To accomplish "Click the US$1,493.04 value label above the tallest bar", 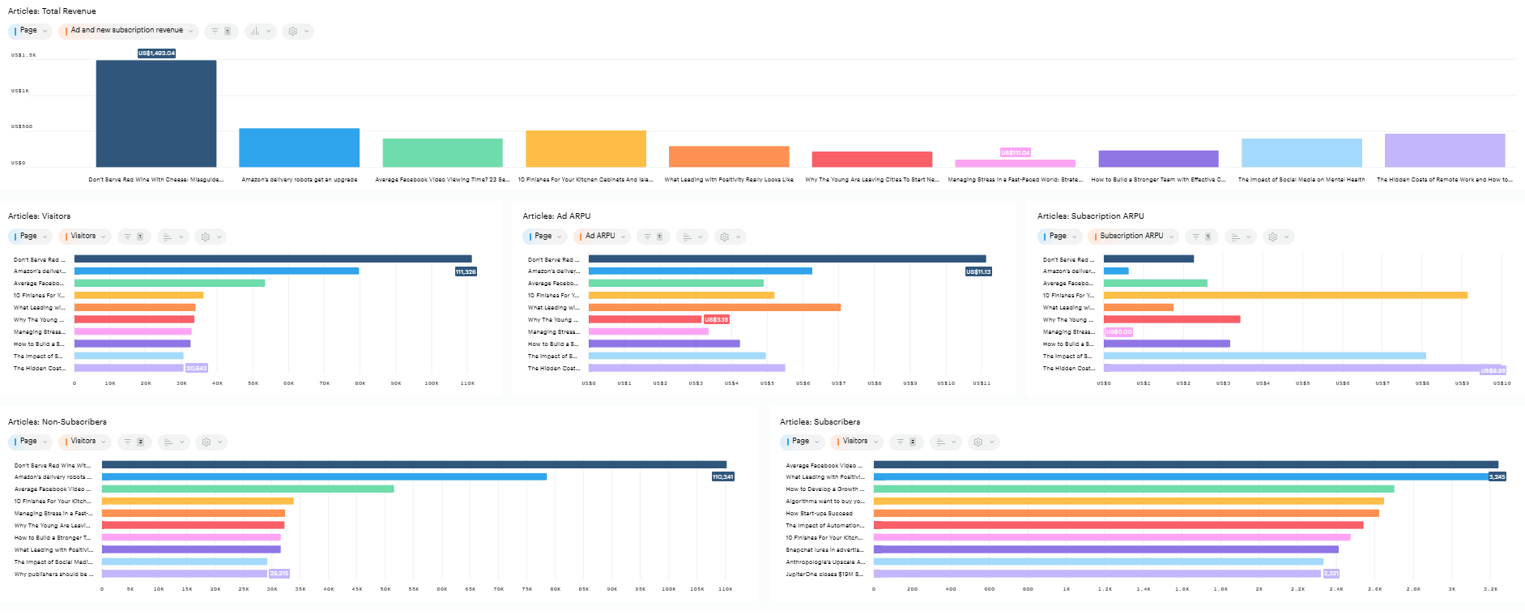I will click(x=156, y=53).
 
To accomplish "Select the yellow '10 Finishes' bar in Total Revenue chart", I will click(x=586, y=149).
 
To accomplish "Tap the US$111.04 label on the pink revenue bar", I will click(x=1015, y=152).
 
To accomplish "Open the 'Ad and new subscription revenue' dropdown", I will click(x=128, y=31).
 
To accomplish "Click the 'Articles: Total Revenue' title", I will click(x=52, y=11).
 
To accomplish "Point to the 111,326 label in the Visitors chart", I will click(x=466, y=271).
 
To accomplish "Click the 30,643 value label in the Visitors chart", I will click(x=197, y=368).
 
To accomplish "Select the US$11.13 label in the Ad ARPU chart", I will click(x=978, y=271).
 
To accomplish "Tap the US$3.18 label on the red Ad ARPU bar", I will click(x=717, y=319).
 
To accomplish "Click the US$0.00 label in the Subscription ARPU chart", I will click(x=1118, y=331).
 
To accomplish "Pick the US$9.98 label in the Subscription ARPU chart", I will click(x=1493, y=370).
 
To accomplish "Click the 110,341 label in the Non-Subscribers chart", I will click(x=722, y=476).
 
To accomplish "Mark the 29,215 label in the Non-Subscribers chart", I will click(x=279, y=573).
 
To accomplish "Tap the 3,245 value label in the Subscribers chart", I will click(x=1497, y=476).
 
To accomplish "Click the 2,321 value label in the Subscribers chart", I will click(x=1331, y=573).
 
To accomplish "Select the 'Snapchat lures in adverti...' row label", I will click(x=824, y=549).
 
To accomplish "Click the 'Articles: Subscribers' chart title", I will click(x=820, y=422).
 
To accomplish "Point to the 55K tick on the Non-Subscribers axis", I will click(x=413, y=589).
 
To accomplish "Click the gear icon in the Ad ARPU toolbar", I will click(x=725, y=237).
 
